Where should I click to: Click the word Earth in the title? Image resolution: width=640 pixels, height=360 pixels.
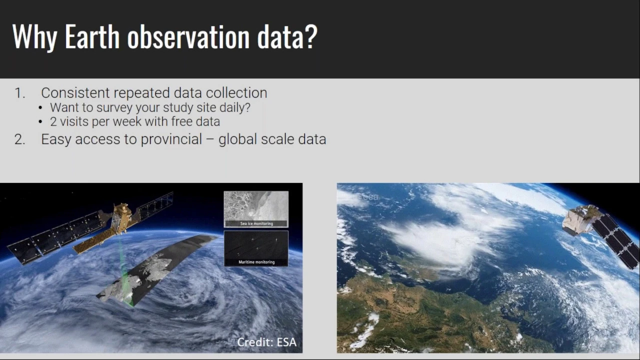[x=92, y=36]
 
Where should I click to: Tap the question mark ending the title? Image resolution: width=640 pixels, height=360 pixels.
[x=310, y=36]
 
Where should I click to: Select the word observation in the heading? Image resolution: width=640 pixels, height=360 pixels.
[x=188, y=36]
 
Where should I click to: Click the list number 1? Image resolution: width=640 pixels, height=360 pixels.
[x=19, y=93]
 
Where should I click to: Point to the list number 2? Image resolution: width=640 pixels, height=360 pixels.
[x=19, y=139]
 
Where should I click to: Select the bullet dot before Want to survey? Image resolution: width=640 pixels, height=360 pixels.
[x=40, y=108]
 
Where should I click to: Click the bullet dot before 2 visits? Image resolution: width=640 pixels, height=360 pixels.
[x=40, y=122]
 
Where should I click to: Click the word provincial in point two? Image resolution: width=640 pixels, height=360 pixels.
[x=171, y=139]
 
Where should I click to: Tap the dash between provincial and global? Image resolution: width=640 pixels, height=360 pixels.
[x=210, y=140]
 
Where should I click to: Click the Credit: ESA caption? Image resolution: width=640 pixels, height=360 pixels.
[x=267, y=342]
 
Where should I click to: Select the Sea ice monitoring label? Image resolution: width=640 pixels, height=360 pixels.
[x=256, y=223]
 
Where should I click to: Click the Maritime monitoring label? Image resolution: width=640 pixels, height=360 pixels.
[x=256, y=262]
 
